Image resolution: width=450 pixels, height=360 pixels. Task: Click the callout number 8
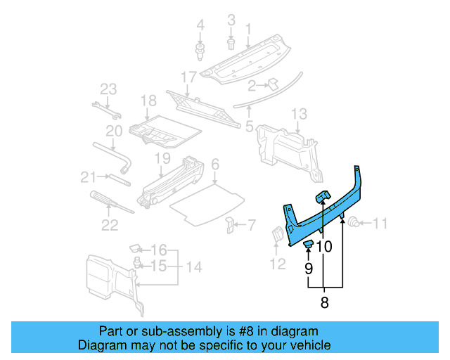(324, 304)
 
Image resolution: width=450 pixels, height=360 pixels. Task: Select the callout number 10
(323, 247)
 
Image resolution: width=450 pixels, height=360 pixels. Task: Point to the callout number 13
(299, 114)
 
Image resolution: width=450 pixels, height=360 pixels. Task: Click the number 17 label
(188, 77)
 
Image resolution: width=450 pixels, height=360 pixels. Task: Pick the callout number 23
(108, 89)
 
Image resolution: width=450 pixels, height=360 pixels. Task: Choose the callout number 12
(278, 264)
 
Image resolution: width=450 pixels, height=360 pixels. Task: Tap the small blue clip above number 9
(308, 244)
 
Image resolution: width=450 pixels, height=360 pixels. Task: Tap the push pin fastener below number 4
(200, 50)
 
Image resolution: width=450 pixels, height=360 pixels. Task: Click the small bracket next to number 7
(229, 225)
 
